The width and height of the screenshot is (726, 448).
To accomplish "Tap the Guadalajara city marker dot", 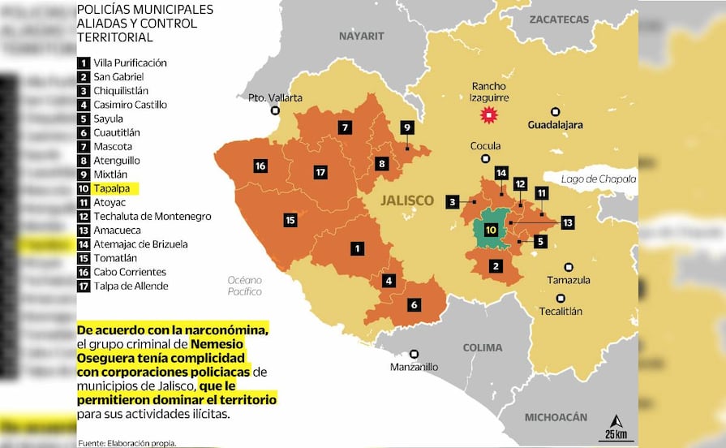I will (555, 112).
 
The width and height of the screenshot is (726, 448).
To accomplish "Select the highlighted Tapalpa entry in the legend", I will (109, 188).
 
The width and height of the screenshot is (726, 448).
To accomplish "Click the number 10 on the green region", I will (490, 230).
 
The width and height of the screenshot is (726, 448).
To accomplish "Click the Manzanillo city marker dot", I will (414, 353).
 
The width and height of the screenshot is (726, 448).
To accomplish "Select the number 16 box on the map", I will (260, 166).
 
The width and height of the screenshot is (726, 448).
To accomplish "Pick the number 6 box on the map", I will (414, 304).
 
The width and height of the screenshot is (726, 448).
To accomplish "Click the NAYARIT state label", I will (361, 36).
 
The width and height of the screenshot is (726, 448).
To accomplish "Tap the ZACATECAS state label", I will (558, 19).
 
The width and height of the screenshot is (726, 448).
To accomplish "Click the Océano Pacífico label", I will (244, 286).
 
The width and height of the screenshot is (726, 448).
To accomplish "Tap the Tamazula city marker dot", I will (569, 266).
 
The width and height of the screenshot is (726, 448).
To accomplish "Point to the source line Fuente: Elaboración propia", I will (127, 442).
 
